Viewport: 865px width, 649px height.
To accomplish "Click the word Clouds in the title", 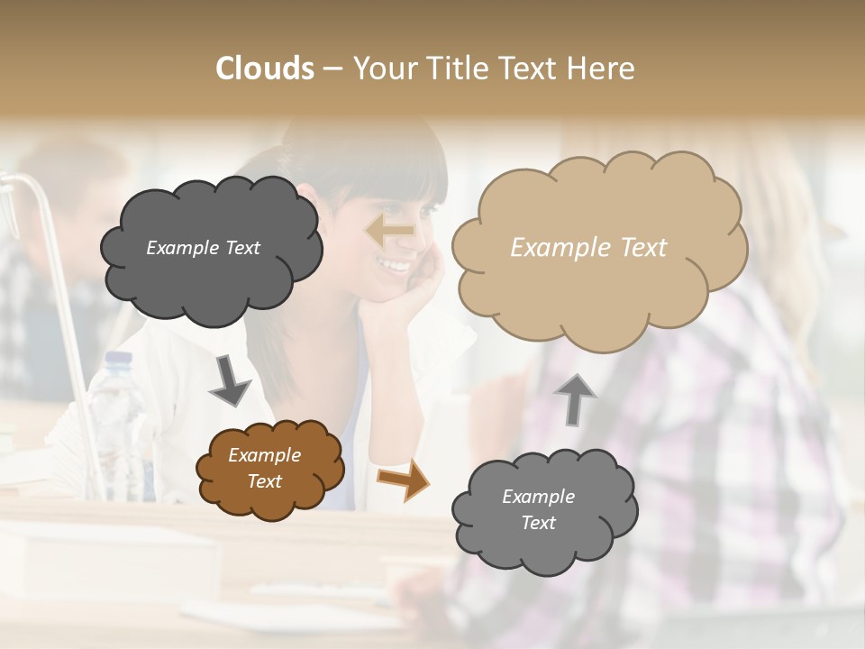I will (265, 69).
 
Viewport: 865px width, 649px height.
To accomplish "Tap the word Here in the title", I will (602, 69).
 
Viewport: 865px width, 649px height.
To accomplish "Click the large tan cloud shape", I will (598, 248).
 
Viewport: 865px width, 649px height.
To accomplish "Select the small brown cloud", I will (270, 469).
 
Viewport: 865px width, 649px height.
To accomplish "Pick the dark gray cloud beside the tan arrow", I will (211, 249).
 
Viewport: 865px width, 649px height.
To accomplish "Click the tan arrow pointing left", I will (389, 231).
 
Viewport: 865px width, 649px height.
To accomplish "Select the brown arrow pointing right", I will (403, 479).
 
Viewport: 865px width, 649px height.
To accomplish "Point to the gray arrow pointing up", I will (575, 398).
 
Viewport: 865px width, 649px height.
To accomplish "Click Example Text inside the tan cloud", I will (588, 248).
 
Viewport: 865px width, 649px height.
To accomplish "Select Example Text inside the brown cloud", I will (264, 469).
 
